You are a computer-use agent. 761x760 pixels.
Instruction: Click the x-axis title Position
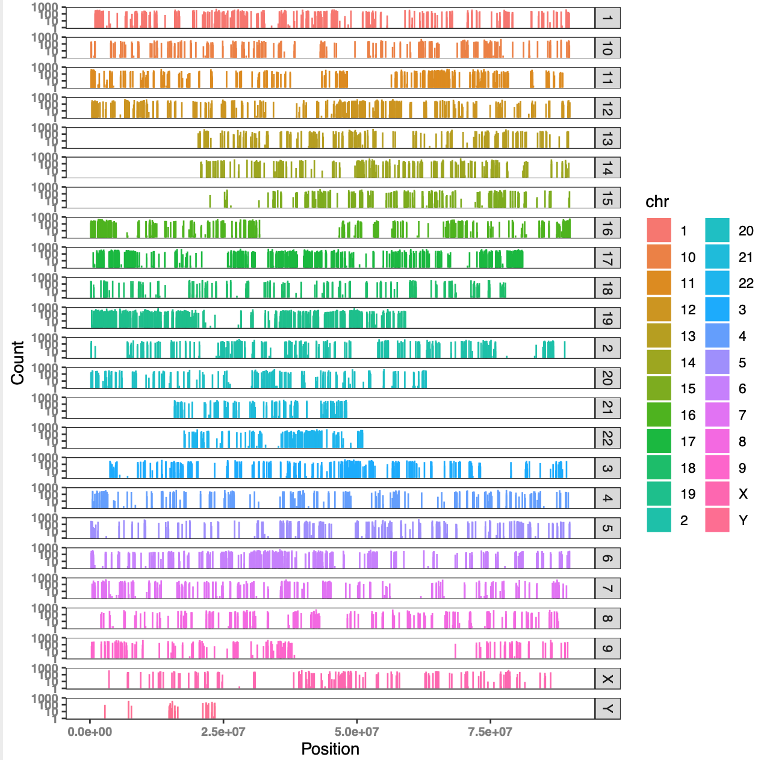[330, 749]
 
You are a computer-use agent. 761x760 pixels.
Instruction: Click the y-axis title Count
[17, 363]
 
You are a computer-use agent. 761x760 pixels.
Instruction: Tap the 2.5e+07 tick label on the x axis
[223, 732]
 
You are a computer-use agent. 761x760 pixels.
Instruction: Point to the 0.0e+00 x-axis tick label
[90, 732]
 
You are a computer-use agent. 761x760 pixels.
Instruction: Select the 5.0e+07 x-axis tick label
[357, 732]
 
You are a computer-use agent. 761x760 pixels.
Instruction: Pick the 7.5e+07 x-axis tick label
[490, 732]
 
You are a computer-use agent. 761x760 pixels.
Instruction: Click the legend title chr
[657, 202]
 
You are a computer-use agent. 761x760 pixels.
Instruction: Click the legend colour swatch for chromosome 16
[659, 415]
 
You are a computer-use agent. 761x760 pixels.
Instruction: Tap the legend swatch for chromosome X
[717, 494]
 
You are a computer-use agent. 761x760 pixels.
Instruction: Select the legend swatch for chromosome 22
[717, 283]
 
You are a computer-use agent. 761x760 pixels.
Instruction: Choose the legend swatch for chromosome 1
[659, 231]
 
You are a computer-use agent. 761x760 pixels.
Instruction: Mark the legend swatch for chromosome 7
[717, 415]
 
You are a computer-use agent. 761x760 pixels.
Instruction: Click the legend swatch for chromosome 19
[659, 494]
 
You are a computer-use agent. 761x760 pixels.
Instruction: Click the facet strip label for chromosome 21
[607, 408]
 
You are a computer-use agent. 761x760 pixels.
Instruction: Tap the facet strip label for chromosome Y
[607, 709]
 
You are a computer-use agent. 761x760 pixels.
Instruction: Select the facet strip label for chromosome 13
[607, 138]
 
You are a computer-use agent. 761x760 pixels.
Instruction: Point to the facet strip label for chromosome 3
[607, 469]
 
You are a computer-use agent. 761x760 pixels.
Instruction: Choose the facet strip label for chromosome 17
[607, 258]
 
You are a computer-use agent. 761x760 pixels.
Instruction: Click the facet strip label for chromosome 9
[607, 649]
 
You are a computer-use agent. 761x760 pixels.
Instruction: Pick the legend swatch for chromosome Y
[717, 520]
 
